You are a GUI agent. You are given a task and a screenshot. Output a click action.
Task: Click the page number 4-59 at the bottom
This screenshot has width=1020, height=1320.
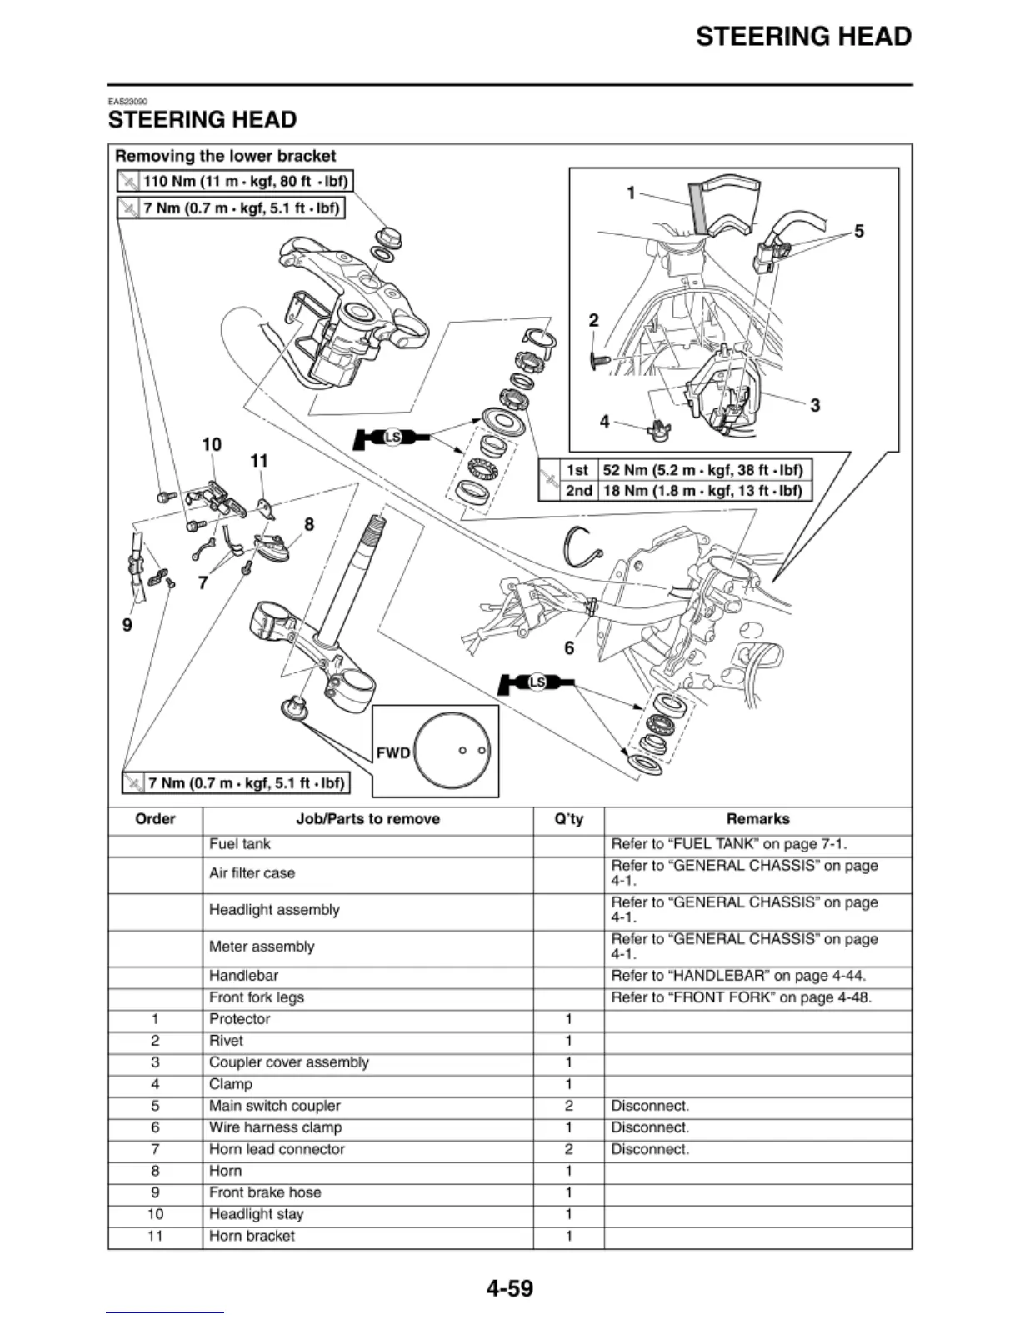(509, 1288)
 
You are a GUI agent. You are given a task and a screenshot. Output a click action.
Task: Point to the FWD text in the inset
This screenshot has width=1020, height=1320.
(392, 753)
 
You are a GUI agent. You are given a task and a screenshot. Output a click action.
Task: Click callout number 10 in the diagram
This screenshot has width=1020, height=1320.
(212, 444)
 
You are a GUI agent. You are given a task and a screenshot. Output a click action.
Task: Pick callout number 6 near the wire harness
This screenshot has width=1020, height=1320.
(569, 648)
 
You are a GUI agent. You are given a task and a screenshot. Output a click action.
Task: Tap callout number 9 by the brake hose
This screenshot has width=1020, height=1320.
(127, 625)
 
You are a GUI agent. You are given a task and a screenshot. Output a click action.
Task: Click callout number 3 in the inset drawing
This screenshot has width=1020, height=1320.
(815, 405)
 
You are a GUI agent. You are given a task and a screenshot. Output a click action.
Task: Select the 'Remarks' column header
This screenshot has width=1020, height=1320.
(757, 819)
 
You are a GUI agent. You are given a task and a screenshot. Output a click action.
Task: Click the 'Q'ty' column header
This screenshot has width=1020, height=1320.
(568, 819)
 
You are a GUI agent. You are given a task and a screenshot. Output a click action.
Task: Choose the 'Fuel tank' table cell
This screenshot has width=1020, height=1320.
(240, 844)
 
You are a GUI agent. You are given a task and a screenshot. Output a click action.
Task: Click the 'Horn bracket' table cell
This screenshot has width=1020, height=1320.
(252, 1236)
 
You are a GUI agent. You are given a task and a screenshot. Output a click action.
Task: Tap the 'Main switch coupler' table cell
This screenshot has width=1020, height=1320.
(274, 1106)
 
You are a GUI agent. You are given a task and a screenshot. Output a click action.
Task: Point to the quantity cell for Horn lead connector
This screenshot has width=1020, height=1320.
(568, 1149)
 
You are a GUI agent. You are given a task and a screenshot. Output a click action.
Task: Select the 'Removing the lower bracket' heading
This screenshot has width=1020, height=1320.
(225, 156)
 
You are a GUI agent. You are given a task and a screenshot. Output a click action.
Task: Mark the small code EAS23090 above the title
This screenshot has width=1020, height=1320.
(127, 102)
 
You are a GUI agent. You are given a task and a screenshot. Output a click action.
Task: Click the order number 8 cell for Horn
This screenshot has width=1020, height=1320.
(155, 1171)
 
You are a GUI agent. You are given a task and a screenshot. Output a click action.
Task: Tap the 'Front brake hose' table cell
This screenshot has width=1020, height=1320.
(265, 1192)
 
